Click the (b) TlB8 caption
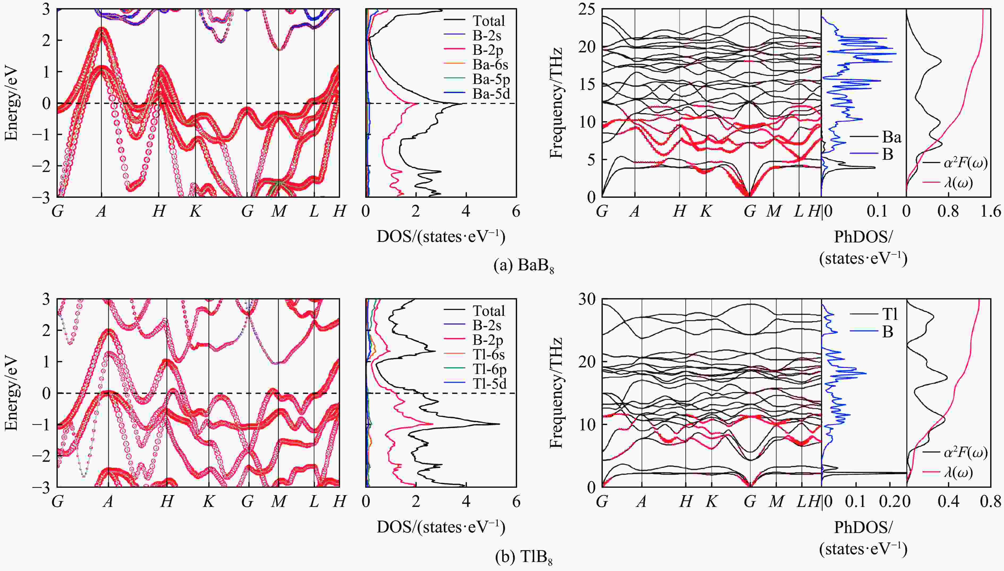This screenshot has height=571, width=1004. (x=524, y=557)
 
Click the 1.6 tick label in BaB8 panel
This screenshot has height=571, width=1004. (x=990, y=212)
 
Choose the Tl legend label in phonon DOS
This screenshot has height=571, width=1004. (x=889, y=314)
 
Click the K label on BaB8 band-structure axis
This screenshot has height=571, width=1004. (x=195, y=212)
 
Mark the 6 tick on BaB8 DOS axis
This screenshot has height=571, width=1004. (x=516, y=212)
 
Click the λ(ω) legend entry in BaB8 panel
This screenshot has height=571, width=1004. (x=958, y=183)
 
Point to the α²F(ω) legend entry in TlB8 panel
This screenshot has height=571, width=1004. (x=965, y=453)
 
